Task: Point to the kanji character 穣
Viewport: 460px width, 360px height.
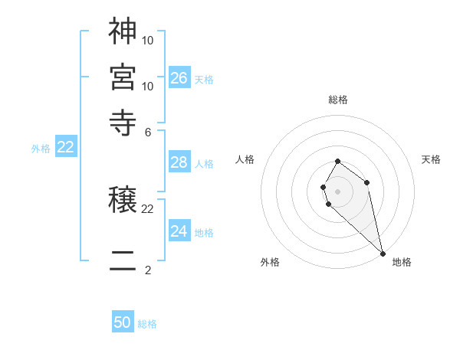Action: click(x=123, y=200)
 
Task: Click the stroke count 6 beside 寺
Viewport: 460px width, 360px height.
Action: click(x=148, y=132)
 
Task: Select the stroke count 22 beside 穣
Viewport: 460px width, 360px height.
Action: click(x=148, y=208)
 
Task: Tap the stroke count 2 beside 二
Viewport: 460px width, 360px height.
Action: click(x=148, y=270)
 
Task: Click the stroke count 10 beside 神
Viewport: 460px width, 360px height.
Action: click(x=148, y=40)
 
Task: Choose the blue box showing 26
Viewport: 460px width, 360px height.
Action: click(x=179, y=77)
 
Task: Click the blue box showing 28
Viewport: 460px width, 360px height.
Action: click(x=179, y=162)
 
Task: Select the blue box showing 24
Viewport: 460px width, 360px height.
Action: click(x=179, y=231)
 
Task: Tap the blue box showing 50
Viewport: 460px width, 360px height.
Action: click(x=123, y=322)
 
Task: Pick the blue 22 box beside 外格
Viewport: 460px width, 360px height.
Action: click(x=66, y=147)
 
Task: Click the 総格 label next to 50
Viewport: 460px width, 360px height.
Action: click(x=147, y=324)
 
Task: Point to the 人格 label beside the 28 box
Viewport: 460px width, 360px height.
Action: click(x=204, y=164)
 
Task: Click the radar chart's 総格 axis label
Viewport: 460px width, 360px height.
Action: click(x=337, y=100)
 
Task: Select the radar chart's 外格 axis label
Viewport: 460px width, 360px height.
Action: click(x=270, y=262)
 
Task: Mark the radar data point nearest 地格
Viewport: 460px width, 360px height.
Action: click(x=383, y=253)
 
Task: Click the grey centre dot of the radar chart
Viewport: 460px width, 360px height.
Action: click(x=337, y=191)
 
